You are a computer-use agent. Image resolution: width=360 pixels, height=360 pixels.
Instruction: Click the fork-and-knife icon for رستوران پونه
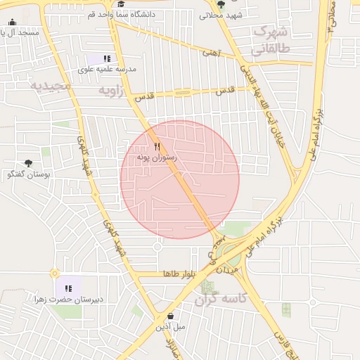157,147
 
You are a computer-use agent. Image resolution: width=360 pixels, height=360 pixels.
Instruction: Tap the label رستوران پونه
157,158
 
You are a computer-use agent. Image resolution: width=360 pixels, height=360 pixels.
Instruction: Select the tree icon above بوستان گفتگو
28,163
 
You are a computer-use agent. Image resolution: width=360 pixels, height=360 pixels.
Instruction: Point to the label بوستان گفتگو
28,174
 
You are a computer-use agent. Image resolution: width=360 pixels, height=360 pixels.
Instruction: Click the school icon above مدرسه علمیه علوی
107,59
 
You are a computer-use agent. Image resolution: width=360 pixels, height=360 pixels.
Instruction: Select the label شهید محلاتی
221,15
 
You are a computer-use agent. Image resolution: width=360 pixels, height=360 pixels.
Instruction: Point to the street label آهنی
211,53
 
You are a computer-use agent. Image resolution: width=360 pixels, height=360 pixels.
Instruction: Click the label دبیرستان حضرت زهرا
68,299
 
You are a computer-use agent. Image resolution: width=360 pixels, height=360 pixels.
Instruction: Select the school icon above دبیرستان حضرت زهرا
69,288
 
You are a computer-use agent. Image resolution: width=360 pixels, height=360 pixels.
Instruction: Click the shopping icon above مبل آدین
171,316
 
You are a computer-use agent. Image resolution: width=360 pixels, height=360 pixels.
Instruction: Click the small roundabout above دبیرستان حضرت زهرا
54,273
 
